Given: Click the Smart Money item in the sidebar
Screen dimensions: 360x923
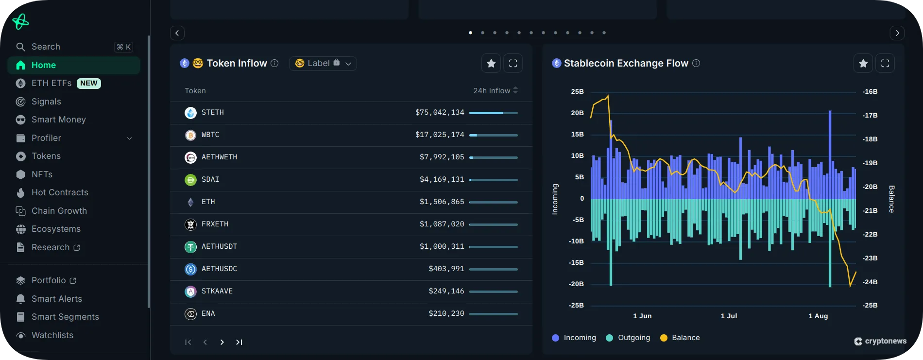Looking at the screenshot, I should [58, 120].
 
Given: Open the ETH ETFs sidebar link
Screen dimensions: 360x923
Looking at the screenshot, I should [51, 83].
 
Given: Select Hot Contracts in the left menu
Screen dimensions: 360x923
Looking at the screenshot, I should [60, 192].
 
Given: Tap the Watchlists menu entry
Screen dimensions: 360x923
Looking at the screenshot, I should [52, 335].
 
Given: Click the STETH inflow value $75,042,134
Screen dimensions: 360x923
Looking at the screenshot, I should [439, 112].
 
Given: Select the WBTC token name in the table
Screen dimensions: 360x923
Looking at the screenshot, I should [210, 135].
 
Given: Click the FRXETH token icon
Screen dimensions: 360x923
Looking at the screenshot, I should [190, 224].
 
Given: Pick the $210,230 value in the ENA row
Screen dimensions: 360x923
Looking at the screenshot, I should [446, 313].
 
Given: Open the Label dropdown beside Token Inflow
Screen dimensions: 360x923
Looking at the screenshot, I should [323, 64].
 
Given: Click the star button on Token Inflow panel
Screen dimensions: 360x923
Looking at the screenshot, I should [491, 64].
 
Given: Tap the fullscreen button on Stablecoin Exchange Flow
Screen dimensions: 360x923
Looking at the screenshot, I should [885, 64].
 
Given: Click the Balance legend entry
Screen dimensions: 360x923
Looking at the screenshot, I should [685, 338].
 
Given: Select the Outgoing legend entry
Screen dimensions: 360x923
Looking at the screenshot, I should [633, 338].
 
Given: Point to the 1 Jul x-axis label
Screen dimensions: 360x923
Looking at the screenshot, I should [729, 316].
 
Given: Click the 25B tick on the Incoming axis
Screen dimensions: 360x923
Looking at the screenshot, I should [577, 91].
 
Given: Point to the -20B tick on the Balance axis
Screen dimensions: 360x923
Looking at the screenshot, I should [870, 187].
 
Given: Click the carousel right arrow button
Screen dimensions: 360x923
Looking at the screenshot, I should [897, 33].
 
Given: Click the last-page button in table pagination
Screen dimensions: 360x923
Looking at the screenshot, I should [239, 342].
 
